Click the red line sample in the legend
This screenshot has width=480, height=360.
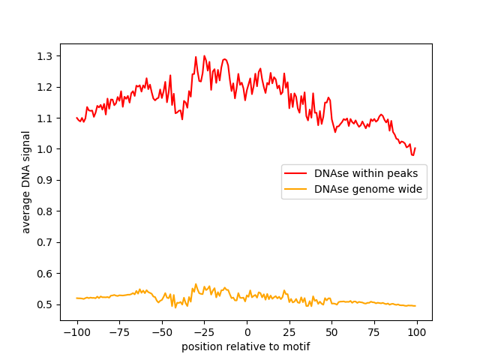[298, 173]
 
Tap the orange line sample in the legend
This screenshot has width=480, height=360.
[298, 190]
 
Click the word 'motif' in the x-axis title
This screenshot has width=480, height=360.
[295, 346]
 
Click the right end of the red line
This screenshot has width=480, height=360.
[415, 148]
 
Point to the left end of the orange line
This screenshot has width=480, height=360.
[76, 298]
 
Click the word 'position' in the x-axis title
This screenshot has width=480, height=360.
[201, 346]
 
